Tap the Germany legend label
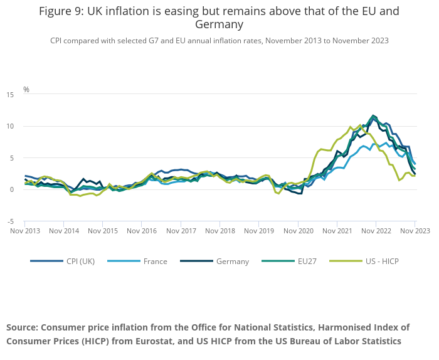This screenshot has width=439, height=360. [232, 261]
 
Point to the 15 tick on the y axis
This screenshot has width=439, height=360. [10, 95]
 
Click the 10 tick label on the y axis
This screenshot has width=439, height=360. [10, 127]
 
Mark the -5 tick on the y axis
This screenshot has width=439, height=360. [10, 221]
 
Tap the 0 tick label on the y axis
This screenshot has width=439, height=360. [12, 190]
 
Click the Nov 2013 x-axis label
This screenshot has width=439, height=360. [25, 231]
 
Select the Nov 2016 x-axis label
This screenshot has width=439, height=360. [142, 231]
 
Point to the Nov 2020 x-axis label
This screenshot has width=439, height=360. [298, 231]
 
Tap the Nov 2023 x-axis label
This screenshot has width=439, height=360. [415, 231]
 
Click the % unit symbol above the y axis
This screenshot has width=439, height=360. [26, 89]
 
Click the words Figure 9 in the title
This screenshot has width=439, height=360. [63, 11]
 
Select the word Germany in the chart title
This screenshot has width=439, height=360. [219, 25]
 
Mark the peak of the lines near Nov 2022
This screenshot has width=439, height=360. [374, 115]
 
